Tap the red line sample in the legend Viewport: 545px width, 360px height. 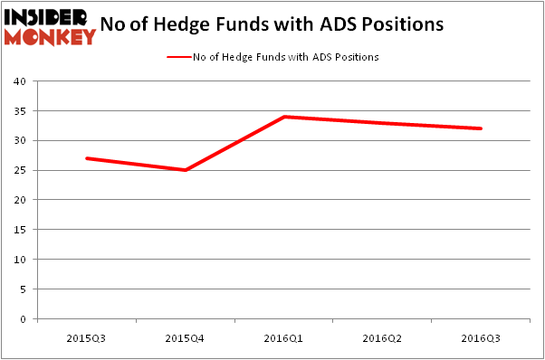click(x=177, y=57)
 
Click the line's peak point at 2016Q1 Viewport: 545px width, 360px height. click(x=283, y=117)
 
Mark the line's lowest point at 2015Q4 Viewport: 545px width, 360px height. click(x=185, y=170)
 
